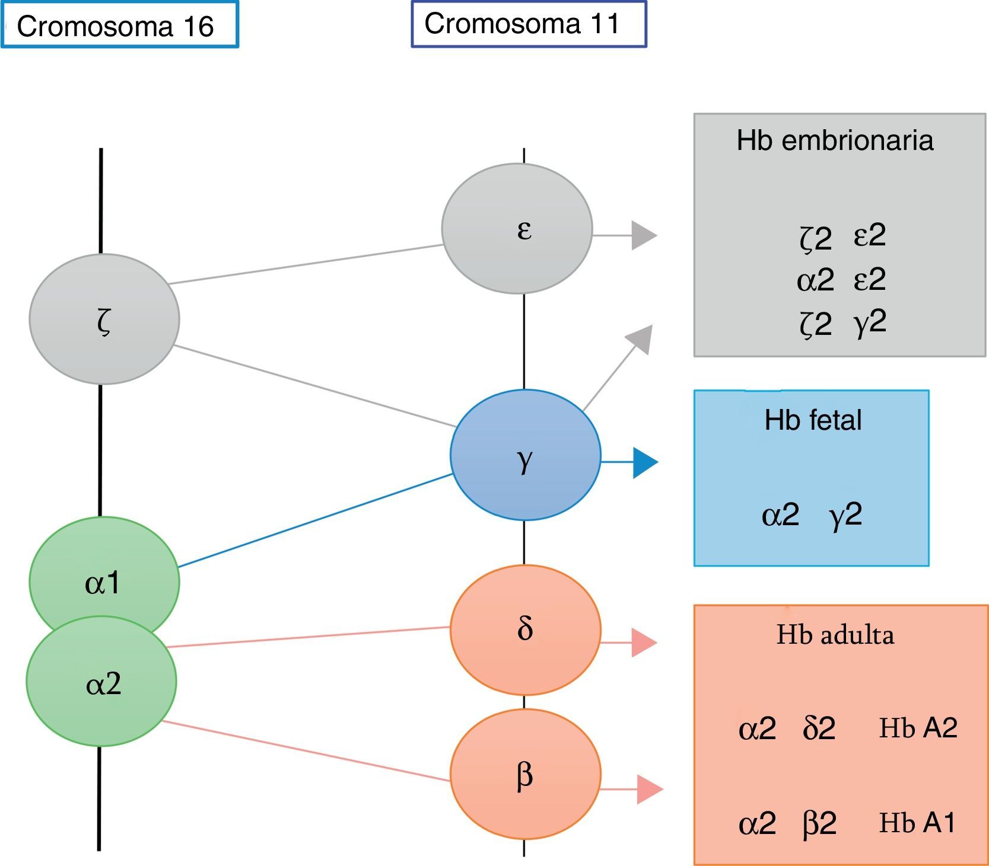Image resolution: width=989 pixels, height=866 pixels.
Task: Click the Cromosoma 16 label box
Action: pos(119,25)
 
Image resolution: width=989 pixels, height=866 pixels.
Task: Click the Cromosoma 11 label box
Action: pos(529,24)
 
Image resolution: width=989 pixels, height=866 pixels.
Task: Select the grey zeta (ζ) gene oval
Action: pos(104,319)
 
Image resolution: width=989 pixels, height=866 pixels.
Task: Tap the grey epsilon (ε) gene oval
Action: pos(517,228)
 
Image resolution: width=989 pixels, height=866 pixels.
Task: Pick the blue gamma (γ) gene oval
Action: pos(525,455)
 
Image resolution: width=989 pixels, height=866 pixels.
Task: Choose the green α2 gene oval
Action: pos(101,682)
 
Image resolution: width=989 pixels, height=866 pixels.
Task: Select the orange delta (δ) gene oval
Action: pos(525,629)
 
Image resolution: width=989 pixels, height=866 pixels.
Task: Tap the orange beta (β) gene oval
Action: pos(525,774)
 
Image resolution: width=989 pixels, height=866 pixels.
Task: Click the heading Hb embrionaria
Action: pos(835,141)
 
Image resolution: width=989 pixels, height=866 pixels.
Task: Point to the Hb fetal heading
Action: pos(813,420)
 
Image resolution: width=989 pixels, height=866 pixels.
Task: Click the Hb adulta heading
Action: pos(835,635)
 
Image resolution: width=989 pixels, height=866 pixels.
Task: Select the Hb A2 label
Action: pos(918,728)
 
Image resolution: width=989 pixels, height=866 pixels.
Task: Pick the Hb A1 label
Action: pos(917,823)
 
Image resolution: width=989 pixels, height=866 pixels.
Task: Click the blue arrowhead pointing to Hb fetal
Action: pos(644,462)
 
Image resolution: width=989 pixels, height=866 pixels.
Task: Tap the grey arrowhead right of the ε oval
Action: pos(643,235)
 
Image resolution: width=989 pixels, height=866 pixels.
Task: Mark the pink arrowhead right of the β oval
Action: pos(648,789)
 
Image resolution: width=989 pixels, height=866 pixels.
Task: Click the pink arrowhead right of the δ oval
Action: pos(643,643)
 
